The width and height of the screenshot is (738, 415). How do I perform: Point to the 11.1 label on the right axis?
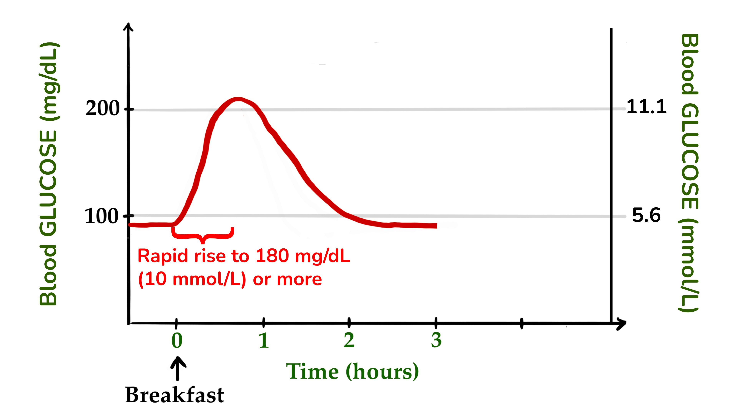[x=646, y=107]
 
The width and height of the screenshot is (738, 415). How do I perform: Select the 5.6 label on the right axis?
[x=646, y=215]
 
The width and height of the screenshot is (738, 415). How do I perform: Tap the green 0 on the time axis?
[x=177, y=340]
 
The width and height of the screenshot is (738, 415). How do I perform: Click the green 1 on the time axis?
[x=263, y=340]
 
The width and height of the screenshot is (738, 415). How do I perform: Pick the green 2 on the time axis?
[x=349, y=340]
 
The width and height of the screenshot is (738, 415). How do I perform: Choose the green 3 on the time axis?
[x=436, y=340]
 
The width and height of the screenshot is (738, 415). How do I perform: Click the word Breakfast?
[x=175, y=395]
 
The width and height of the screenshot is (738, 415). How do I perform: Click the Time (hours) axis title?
[x=352, y=371]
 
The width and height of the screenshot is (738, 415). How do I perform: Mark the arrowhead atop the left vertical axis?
[x=128, y=27]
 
